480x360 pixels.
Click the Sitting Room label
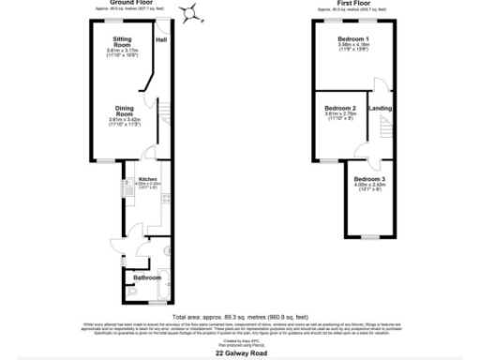[122, 41]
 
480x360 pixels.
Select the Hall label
[161, 40]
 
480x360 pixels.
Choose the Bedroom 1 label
[353, 39]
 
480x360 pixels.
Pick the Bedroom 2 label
[340, 110]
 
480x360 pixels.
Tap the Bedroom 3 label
[369, 178]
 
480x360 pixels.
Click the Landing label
[381, 110]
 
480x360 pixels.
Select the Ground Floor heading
[132, 5]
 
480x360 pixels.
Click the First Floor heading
[351, 5]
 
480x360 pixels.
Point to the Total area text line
[239, 317]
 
